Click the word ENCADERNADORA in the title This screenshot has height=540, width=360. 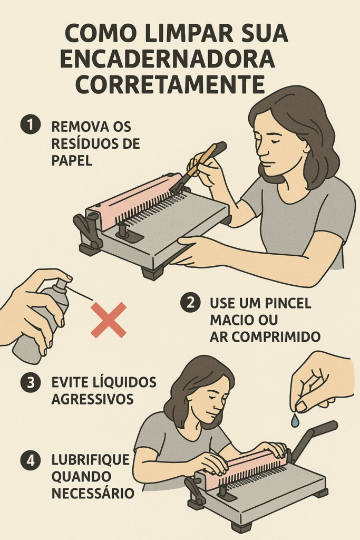tap(168, 59)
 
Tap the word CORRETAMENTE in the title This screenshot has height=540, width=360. tap(170, 84)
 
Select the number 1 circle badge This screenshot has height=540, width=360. tap(30, 124)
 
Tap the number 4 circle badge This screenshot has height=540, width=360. tap(30, 461)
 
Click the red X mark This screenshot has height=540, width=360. tap(109, 320)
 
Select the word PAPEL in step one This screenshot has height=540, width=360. tap(72, 160)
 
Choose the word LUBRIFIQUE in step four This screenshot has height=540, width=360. tap(91, 459)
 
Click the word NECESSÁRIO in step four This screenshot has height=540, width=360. tap(93, 493)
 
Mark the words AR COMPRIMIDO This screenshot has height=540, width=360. tap(265, 337)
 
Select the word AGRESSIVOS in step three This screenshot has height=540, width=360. tap(92, 399)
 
